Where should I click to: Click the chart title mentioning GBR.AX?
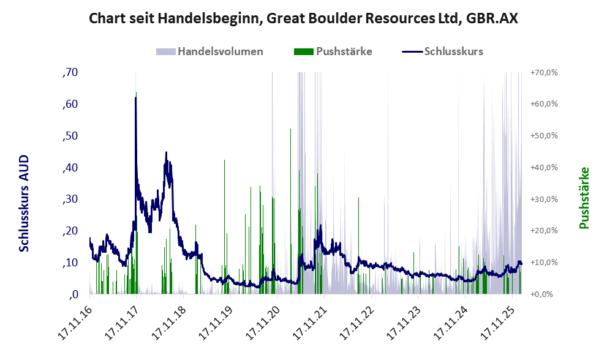click(x=303, y=18)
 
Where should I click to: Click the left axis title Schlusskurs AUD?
click(x=24, y=203)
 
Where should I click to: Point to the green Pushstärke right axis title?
click(x=583, y=198)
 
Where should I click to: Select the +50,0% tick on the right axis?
click(x=543, y=136)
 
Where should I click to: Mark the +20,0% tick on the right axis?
click(x=543, y=231)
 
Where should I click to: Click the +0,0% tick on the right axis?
click(x=541, y=294)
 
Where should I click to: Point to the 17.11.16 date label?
click(x=75, y=321)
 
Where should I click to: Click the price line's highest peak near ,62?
click(x=135, y=98)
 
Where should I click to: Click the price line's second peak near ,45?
click(x=166, y=153)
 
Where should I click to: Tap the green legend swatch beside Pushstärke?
click(x=303, y=51)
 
